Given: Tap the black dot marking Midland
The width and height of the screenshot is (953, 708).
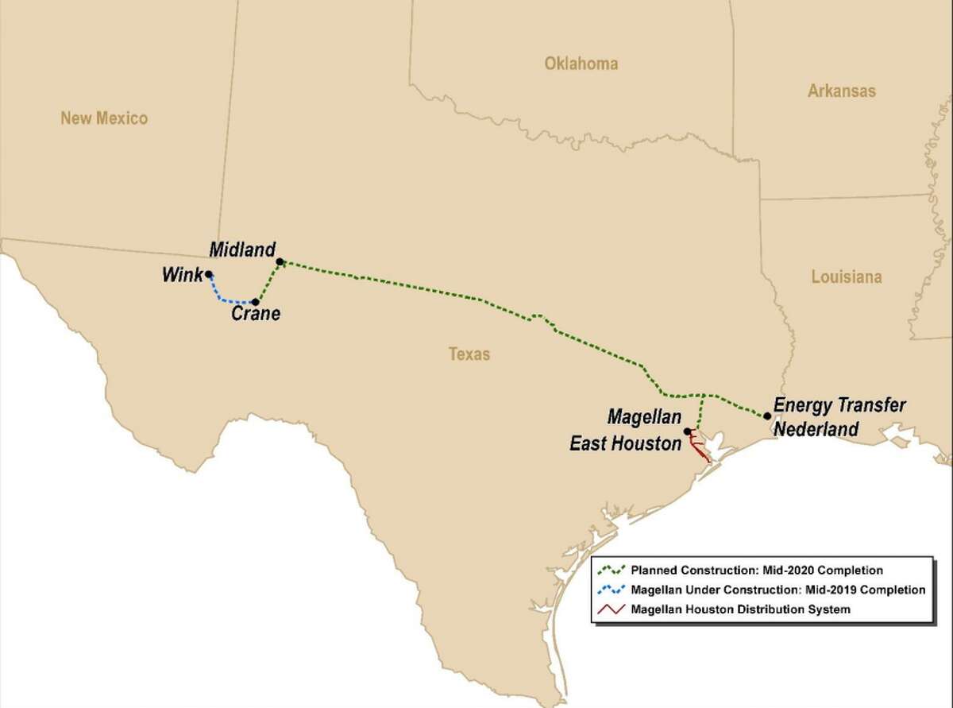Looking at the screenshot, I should (x=280, y=261).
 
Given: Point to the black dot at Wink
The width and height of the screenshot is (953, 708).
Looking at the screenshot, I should (x=208, y=275).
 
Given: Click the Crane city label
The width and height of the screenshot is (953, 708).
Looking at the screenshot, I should (x=255, y=315).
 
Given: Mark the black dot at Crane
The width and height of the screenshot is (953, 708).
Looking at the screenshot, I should (x=255, y=302).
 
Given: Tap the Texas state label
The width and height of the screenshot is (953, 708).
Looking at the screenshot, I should (x=469, y=354).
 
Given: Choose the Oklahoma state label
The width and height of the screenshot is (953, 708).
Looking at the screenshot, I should (x=581, y=64).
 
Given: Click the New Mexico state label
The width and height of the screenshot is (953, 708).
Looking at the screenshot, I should (x=105, y=118).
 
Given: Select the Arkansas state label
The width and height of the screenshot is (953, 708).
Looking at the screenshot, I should (x=842, y=91).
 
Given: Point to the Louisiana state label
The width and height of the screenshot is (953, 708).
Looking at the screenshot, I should (x=847, y=277).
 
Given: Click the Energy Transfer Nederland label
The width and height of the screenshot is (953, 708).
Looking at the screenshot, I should (x=839, y=417).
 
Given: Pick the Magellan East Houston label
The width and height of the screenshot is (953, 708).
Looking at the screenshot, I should (x=627, y=430).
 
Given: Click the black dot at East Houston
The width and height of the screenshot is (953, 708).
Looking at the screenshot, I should (x=687, y=431).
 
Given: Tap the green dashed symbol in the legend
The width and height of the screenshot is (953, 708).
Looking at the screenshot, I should (x=612, y=570).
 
